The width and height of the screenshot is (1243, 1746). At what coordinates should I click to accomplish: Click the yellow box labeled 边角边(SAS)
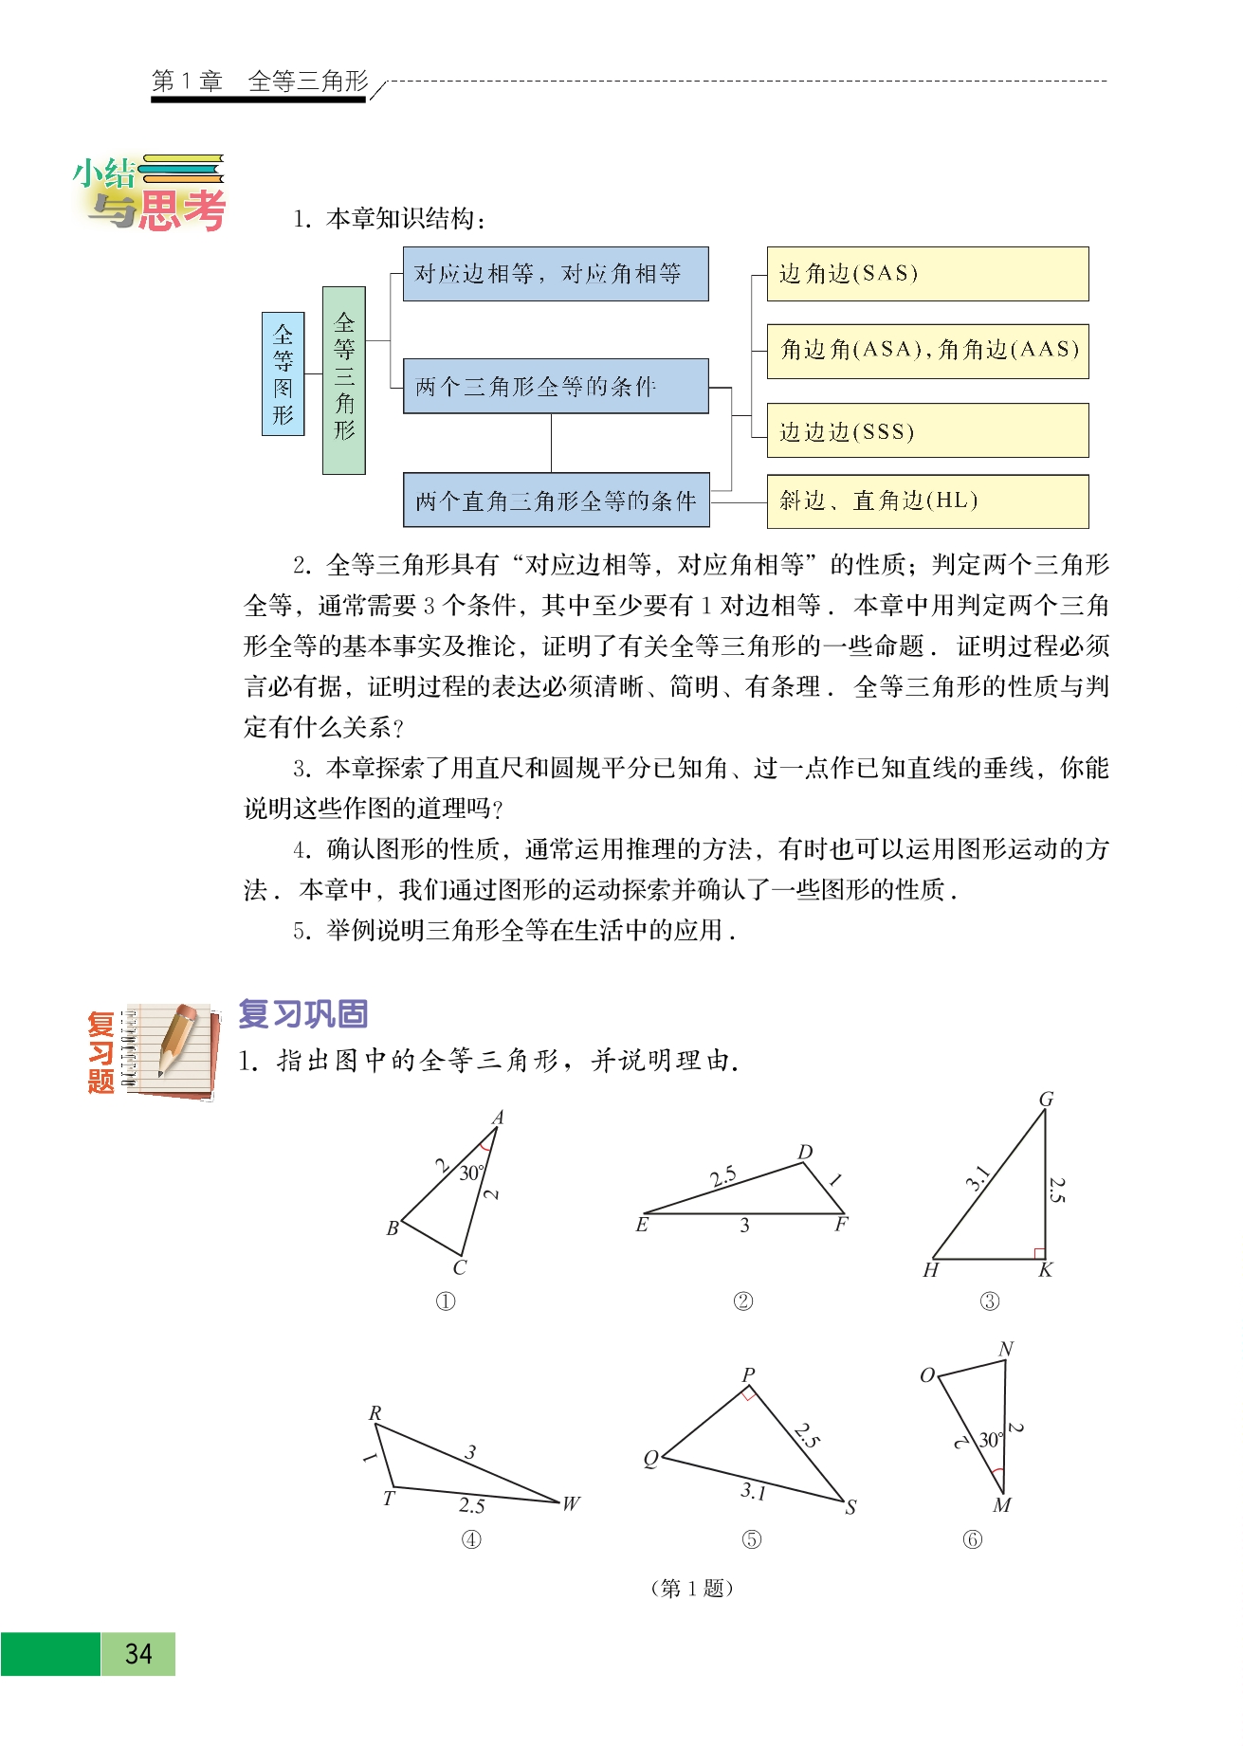point(926,274)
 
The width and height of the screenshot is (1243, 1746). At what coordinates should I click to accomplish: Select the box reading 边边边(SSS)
point(926,431)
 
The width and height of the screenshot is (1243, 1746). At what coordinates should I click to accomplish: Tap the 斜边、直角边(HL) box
point(926,500)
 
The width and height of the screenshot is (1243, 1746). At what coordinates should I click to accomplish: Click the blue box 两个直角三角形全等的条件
point(556,500)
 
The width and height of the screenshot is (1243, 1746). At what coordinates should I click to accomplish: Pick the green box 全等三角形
point(343,379)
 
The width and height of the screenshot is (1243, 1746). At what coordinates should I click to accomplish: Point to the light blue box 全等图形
point(283,374)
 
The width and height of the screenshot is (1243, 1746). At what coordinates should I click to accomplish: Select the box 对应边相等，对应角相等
point(556,274)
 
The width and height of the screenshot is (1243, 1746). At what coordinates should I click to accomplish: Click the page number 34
point(138,1654)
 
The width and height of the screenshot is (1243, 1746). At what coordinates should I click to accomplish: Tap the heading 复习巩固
point(302,1013)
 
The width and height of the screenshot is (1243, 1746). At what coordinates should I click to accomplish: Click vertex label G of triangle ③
point(1046,1099)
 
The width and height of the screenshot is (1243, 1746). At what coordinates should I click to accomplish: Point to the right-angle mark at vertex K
point(1039,1253)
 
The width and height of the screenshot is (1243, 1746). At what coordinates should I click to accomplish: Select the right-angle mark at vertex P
point(749,1394)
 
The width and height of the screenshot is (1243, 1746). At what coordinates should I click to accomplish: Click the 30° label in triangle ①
point(471,1173)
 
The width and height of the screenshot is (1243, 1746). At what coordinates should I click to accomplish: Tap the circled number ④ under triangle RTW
point(471,1539)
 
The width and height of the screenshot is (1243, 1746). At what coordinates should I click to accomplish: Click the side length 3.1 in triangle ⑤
point(753,1491)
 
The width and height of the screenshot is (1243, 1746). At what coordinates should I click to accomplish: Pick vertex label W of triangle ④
point(570,1503)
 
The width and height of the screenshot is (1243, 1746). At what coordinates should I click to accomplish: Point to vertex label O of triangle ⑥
point(927,1375)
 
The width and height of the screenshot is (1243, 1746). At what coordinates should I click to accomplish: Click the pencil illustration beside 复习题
point(179,1040)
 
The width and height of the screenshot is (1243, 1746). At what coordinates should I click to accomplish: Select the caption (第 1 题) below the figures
point(692,1588)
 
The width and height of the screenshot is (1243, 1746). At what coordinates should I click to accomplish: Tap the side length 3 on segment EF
point(744,1226)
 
